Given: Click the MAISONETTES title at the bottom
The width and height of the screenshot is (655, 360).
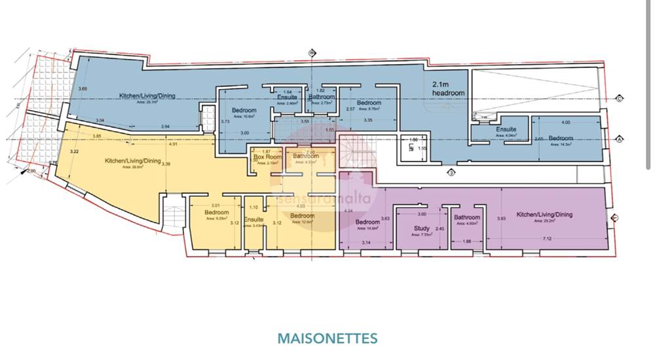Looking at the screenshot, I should click(327, 338).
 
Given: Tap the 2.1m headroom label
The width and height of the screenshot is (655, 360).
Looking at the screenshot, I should click(448, 89).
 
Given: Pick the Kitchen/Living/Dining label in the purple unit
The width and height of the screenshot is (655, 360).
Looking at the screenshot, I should click(544, 215).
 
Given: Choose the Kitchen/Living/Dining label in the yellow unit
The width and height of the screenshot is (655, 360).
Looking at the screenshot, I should click(133, 160).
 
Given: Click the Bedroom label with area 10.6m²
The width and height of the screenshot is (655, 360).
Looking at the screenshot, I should click(244, 111).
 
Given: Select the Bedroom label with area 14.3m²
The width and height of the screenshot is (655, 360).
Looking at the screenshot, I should click(561, 139).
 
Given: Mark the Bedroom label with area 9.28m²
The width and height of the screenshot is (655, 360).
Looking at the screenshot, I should click(216, 213).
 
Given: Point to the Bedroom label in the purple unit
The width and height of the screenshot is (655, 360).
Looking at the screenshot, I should click(367, 222).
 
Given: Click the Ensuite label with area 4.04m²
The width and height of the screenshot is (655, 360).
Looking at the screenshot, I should click(506, 130).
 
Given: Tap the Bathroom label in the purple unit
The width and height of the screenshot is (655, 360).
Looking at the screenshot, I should click(467, 217).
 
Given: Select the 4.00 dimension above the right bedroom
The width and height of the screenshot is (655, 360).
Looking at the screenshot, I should click(566, 122).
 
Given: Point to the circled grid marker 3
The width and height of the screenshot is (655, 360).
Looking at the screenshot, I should click(451, 172).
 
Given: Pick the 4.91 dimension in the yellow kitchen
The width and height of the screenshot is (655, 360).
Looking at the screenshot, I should click(173, 143).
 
